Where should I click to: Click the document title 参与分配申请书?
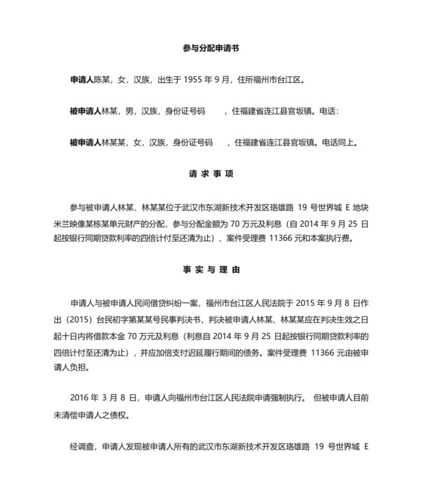click(211, 47)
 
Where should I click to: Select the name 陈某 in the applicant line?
click(102, 79)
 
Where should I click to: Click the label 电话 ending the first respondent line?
click(329, 111)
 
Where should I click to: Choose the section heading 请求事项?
click(211, 174)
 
